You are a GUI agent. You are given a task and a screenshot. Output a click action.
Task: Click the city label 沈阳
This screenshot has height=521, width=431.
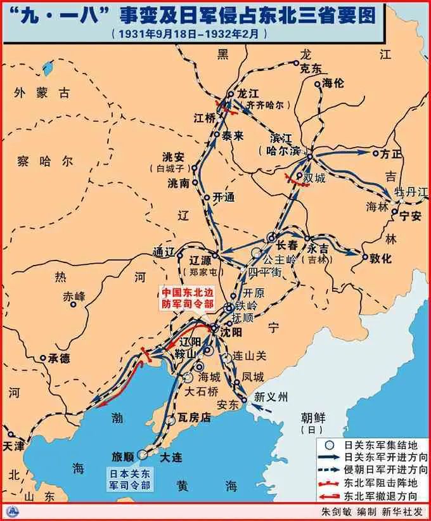231,331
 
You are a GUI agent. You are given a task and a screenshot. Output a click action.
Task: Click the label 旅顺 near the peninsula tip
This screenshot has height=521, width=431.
123,456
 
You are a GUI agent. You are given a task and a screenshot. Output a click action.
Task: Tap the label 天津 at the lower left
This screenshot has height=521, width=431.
13,446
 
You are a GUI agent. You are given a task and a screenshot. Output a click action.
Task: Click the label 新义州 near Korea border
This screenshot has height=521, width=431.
271,397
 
